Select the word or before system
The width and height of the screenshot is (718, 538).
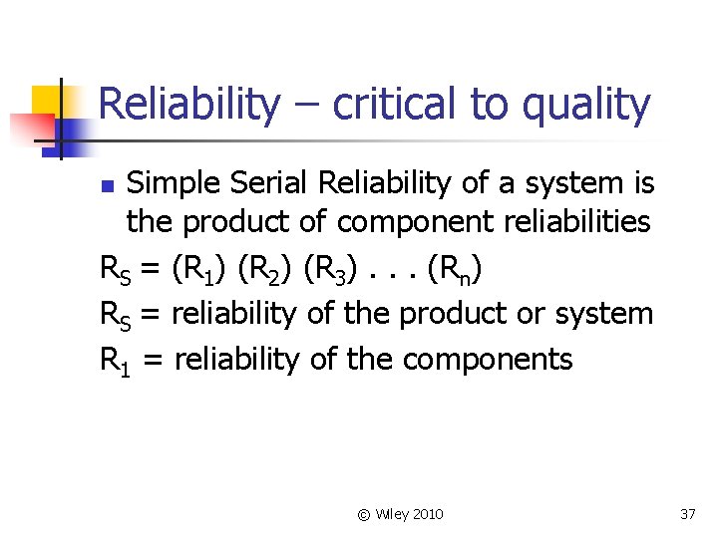coord(534,315)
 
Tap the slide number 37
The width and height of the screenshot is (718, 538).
coord(686,514)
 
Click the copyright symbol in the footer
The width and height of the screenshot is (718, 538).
coord(364,514)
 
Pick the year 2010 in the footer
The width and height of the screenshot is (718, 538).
coord(426,514)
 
